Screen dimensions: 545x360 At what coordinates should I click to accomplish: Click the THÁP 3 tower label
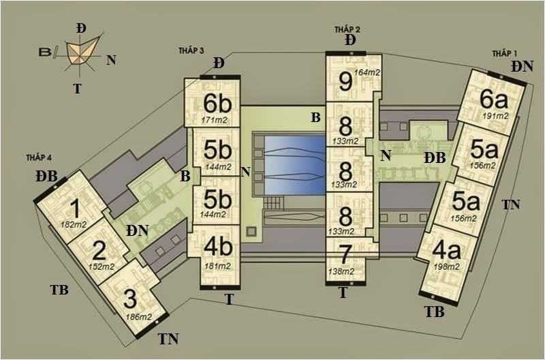click(x=191, y=50)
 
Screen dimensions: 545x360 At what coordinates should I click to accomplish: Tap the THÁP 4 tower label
click(x=39, y=157)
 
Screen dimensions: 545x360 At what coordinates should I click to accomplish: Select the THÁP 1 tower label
click(x=505, y=54)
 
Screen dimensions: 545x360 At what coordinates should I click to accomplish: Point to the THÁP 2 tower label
click(x=347, y=29)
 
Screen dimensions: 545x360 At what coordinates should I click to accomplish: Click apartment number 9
click(x=345, y=82)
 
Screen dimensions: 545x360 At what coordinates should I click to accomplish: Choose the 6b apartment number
click(x=217, y=104)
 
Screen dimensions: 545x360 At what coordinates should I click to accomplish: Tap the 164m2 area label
click(x=367, y=73)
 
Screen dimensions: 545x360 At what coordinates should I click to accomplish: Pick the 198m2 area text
click(x=447, y=267)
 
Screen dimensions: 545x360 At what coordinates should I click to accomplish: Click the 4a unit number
click(x=446, y=250)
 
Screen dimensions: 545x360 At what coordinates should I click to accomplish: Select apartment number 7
click(x=344, y=254)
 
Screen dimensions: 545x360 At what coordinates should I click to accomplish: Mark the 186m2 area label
click(x=139, y=317)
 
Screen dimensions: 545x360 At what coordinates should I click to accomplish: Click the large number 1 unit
click(x=75, y=209)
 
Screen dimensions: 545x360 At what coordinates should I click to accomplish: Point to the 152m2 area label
click(x=102, y=267)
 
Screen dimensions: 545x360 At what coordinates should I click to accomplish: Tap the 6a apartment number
click(x=493, y=100)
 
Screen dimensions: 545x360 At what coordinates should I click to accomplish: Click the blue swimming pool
click(x=295, y=165)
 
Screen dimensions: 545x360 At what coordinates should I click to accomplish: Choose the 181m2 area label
click(x=217, y=266)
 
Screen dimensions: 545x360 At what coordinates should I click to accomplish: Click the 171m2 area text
click(x=214, y=120)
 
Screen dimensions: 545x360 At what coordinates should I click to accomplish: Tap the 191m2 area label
click(x=495, y=116)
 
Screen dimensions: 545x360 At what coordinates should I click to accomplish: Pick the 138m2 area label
click(x=341, y=271)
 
